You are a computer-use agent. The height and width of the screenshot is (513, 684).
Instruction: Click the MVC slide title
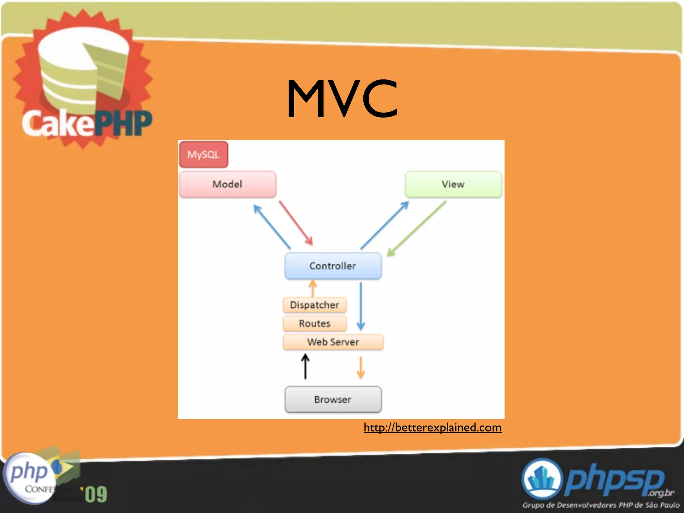click(x=342, y=99)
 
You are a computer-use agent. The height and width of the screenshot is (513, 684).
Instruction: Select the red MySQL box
click(x=203, y=154)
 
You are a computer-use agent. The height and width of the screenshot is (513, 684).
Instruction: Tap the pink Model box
click(x=228, y=184)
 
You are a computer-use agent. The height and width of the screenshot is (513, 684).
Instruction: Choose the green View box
click(x=453, y=184)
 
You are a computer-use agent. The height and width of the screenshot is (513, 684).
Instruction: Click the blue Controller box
click(x=333, y=266)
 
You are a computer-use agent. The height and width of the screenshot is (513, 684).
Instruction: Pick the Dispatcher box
click(x=315, y=305)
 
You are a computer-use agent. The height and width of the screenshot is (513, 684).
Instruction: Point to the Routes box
click(x=315, y=323)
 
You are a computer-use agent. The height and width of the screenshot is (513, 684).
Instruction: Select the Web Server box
click(x=333, y=342)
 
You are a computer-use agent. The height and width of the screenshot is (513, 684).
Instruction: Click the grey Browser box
click(x=333, y=399)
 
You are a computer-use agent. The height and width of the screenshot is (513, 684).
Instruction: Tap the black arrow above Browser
click(x=305, y=366)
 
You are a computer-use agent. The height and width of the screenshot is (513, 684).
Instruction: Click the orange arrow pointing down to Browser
click(x=361, y=367)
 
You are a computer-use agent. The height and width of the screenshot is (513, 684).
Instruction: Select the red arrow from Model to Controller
click(x=296, y=223)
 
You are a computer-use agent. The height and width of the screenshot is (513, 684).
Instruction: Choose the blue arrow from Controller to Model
click(x=272, y=226)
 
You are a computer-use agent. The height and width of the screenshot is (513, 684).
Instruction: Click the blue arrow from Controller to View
click(x=384, y=225)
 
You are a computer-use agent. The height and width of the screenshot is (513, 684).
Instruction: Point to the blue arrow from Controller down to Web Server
click(x=361, y=306)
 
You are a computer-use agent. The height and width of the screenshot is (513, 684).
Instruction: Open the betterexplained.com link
click(x=433, y=427)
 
